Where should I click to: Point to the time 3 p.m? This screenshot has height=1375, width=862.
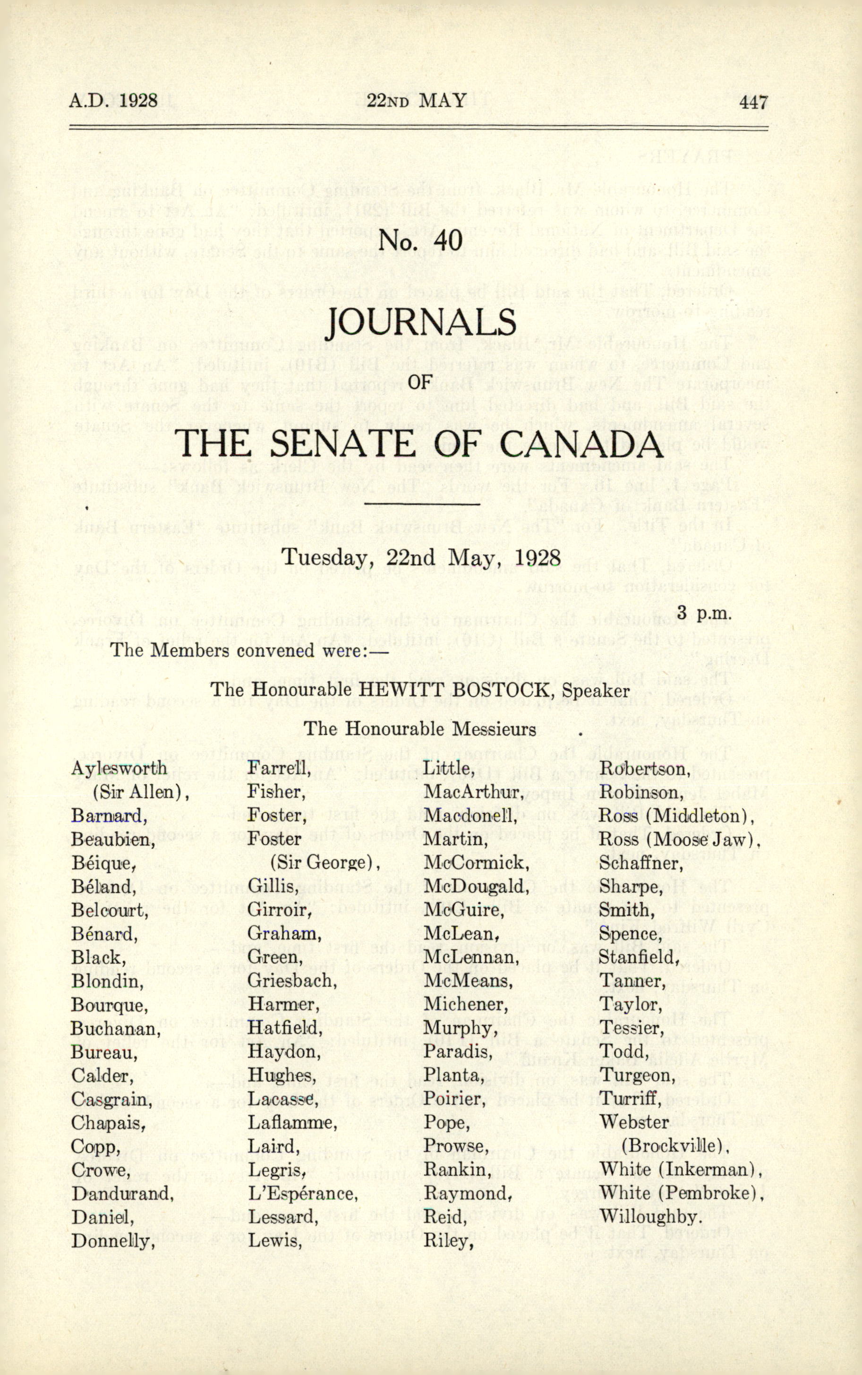pos(704,614)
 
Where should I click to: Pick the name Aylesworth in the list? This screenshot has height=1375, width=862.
pos(119,768)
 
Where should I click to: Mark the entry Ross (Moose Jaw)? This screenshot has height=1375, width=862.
pos(680,839)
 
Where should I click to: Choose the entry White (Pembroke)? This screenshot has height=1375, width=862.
pos(681,1193)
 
